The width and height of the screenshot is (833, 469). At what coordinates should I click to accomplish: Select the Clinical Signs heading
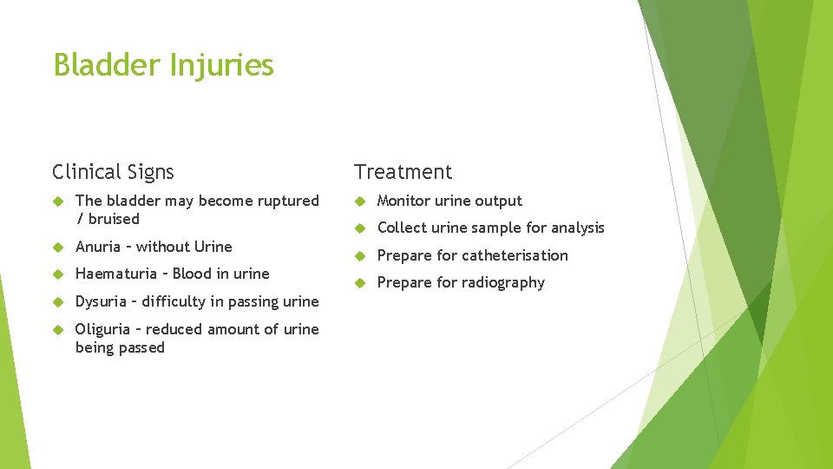113,172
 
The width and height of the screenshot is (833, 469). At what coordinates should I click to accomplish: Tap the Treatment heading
403,172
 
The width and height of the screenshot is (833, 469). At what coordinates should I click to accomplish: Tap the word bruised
114,219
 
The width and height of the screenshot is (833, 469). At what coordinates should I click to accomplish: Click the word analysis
574,228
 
